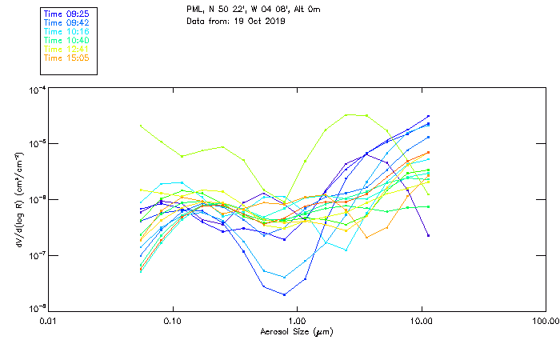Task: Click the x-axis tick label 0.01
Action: pos(48,322)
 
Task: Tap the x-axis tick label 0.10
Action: pos(172,322)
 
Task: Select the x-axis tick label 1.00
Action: pos(297,322)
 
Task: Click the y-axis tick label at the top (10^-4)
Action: pos(36,90)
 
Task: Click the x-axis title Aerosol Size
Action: pos(297,331)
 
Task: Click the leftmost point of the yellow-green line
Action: pos(141,126)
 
